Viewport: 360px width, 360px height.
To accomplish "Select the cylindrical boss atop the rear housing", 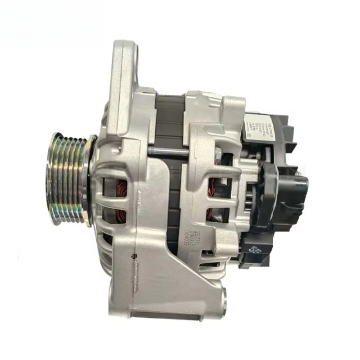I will [x=234, y=108].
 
